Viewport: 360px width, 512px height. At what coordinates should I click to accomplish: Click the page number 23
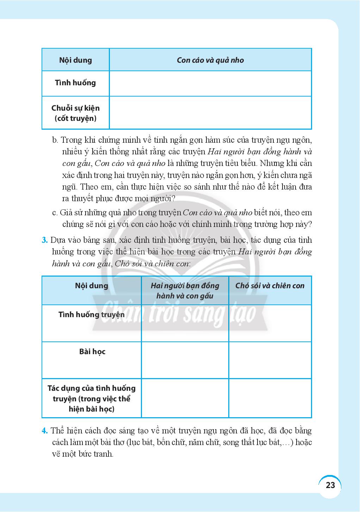click(x=330, y=485)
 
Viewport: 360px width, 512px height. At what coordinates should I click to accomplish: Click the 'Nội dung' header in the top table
click(x=75, y=60)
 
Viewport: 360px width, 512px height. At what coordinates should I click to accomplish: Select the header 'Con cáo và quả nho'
click(x=210, y=60)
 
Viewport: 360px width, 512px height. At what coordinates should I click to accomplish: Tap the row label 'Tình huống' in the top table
click(x=75, y=83)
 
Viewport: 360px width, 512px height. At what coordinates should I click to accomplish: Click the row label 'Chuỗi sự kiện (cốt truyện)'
click(x=75, y=113)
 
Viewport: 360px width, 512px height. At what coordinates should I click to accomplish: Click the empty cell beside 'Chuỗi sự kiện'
click(x=210, y=113)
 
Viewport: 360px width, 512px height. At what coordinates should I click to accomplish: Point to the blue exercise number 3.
click(x=44, y=240)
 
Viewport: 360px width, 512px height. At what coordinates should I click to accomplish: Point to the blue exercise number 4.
click(x=44, y=431)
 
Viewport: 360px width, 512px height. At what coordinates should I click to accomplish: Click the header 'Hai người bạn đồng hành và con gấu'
click(x=185, y=291)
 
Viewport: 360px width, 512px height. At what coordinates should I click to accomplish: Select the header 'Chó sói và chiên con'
click(x=270, y=286)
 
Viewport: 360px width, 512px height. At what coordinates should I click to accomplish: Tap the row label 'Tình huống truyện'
click(x=92, y=314)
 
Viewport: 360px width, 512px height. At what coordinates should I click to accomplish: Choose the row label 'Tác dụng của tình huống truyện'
click(x=92, y=399)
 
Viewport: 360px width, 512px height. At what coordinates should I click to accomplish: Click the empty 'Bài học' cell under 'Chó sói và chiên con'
click(x=270, y=360)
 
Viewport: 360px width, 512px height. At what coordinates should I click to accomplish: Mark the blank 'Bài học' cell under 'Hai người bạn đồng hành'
click(x=185, y=360)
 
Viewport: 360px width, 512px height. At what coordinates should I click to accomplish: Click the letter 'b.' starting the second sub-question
click(x=55, y=140)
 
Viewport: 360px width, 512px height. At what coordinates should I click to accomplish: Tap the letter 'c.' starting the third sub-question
click(x=55, y=212)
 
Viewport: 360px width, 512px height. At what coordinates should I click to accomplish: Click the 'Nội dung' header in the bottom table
click(x=92, y=285)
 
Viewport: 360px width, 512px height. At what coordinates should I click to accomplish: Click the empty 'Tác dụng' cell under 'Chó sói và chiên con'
click(x=270, y=398)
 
